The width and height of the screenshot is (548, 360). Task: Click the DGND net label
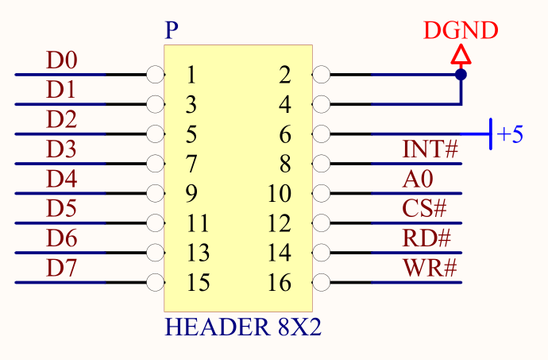pyautogui.click(x=461, y=31)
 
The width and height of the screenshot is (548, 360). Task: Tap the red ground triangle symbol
pyautogui.click(x=461, y=55)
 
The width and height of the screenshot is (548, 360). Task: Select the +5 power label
pyautogui.click(x=510, y=134)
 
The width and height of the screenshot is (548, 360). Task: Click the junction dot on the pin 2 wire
pyautogui.click(x=461, y=75)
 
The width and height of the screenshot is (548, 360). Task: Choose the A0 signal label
pyautogui.click(x=418, y=179)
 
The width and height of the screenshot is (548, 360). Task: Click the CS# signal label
pyautogui.click(x=425, y=208)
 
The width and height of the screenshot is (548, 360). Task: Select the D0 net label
pyautogui.click(x=62, y=60)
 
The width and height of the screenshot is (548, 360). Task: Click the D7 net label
pyautogui.click(x=62, y=268)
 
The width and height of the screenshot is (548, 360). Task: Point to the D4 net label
pyautogui.click(x=62, y=179)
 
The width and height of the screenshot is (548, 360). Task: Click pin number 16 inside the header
pyautogui.click(x=280, y=282)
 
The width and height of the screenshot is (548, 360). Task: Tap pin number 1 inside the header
pyautogui.click(x=191, y=75)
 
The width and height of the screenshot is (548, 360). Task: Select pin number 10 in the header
pyautogui.click(x=280, y=194)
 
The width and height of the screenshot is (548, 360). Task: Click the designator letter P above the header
pyautogui.click(x=172, y=32)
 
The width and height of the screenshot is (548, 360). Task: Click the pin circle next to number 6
pyautogui.click(x=321, y=134)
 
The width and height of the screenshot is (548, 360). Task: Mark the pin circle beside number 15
pyautogui.click(x=156, y=282)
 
